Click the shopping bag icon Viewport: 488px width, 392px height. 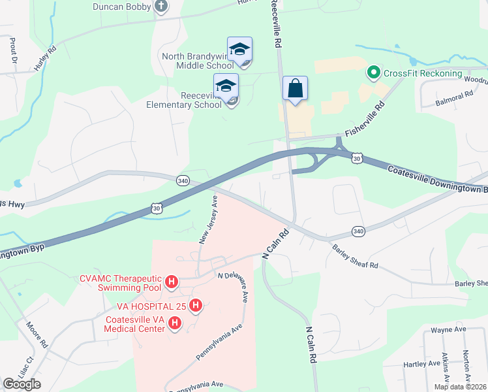pos(295,88)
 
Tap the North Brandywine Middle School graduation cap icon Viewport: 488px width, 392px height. pos(239,50)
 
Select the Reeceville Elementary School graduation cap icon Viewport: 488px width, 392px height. pos(226,86)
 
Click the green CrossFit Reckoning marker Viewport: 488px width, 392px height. pos(373,73)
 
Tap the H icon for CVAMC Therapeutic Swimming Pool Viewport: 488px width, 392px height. pos(172,282)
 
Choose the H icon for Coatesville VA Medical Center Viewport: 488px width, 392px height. pos(175,323)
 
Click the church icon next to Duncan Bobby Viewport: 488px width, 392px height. pos(161,7)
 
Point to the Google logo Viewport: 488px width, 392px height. pos(22,384)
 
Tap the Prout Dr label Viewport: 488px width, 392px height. pos(12,53)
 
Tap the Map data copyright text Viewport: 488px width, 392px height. pos(460,387)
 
